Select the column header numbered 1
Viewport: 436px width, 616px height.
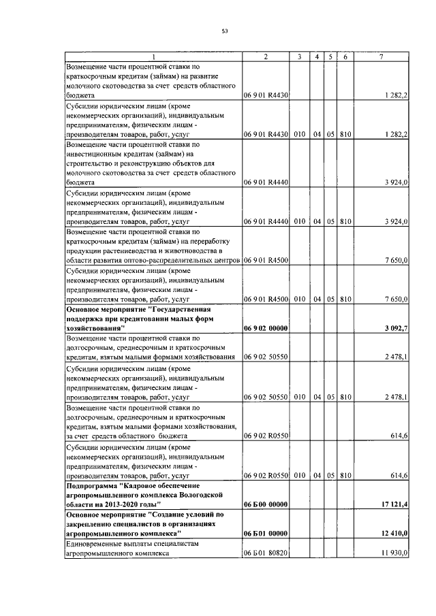click(153, 57)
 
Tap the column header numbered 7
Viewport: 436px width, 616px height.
click(382, 57)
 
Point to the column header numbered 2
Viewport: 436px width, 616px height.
click(266, 57)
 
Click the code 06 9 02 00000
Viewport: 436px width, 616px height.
click(266, 329)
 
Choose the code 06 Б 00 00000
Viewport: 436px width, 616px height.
click(266, 504)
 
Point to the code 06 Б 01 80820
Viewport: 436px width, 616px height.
click(266, 555)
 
